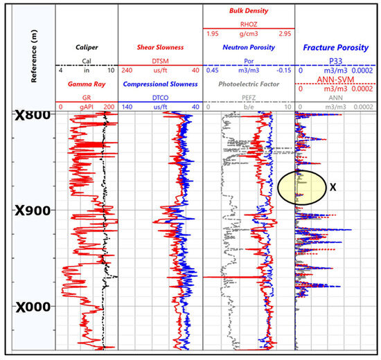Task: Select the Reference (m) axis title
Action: coord(33,56)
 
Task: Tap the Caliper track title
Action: coord(86,48)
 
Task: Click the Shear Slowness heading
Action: coord(159,48)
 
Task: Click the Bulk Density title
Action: coord(249,12)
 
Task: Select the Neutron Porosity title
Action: coord(249,48)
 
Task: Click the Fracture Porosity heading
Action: coord(335,48)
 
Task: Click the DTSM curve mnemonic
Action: coord(159,60)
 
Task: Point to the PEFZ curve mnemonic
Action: coord(249,98)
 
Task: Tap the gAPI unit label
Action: coord(86,107)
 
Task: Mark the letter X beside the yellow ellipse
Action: coord(334,187)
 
